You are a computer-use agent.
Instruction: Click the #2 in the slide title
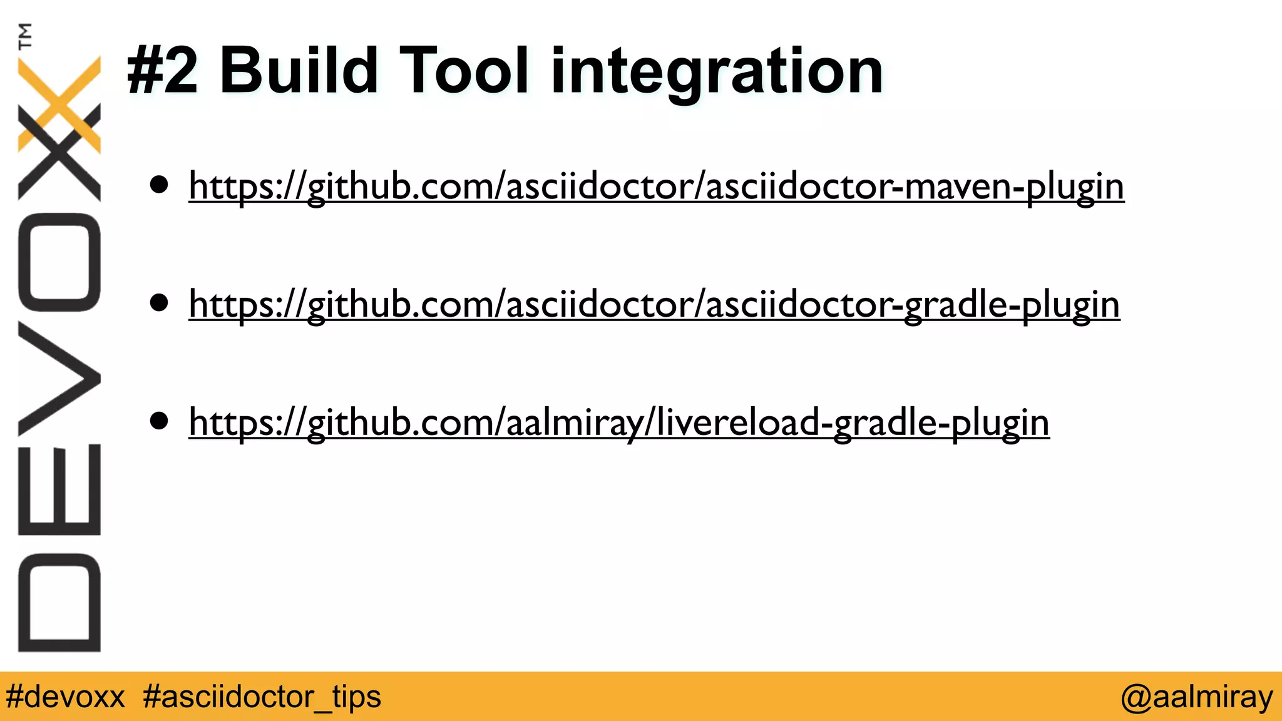click(x=162, y=71)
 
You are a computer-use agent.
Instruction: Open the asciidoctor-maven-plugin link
click(x=656, y=186)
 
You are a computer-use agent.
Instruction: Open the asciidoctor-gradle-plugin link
click(x=654, y=304)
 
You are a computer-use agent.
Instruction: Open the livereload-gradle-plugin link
click(x=618, y=422)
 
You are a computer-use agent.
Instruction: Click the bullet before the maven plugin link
click(x=159, y=185)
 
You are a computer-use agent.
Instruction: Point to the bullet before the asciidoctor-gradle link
click(x=159, y=303)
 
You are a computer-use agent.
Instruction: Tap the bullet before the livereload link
click(x=159, y=421)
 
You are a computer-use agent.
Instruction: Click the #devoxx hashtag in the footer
click(x=65, y=697)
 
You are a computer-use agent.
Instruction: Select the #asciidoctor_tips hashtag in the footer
click(x=262, y=697)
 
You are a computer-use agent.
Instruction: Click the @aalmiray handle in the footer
click(x=1196, y=697)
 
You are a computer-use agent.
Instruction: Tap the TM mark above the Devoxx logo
click(x=25, y=36)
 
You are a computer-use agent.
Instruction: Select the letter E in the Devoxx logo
click(x=59, y=489)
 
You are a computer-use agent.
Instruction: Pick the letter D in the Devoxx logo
click(x=59, y=602)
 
